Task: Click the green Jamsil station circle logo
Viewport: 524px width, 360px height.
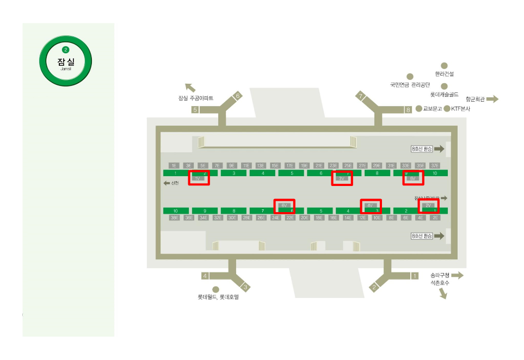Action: pos(66,60)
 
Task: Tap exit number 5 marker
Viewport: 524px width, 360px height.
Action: pos(195,109)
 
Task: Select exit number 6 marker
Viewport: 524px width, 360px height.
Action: pos(237,96)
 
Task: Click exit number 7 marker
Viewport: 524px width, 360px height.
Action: pos(360,96)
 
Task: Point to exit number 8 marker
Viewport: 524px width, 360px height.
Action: pos(408,110)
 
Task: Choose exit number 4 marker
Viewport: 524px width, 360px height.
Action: pos(205,276)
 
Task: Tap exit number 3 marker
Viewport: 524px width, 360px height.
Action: pos(246,287)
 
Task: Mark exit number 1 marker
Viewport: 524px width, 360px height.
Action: pos(415,276)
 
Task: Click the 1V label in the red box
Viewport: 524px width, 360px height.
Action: pos(199,178)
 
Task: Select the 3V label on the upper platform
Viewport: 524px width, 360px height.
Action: pos(342,178)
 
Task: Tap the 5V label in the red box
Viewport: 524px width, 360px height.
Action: pos(412,178)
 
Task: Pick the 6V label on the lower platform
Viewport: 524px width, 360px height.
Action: pos(283,206)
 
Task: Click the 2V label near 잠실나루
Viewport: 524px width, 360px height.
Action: pos(428,206)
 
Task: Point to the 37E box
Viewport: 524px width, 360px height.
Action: pos(435,165)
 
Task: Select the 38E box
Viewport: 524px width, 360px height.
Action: pos(174,218)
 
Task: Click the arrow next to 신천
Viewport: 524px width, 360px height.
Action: pos(167,183)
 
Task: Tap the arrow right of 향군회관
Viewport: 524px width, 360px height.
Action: pos(492,99)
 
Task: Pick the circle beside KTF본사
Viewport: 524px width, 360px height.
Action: pos(447,109)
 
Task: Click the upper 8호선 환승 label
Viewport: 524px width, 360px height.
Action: pos(422,148)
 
